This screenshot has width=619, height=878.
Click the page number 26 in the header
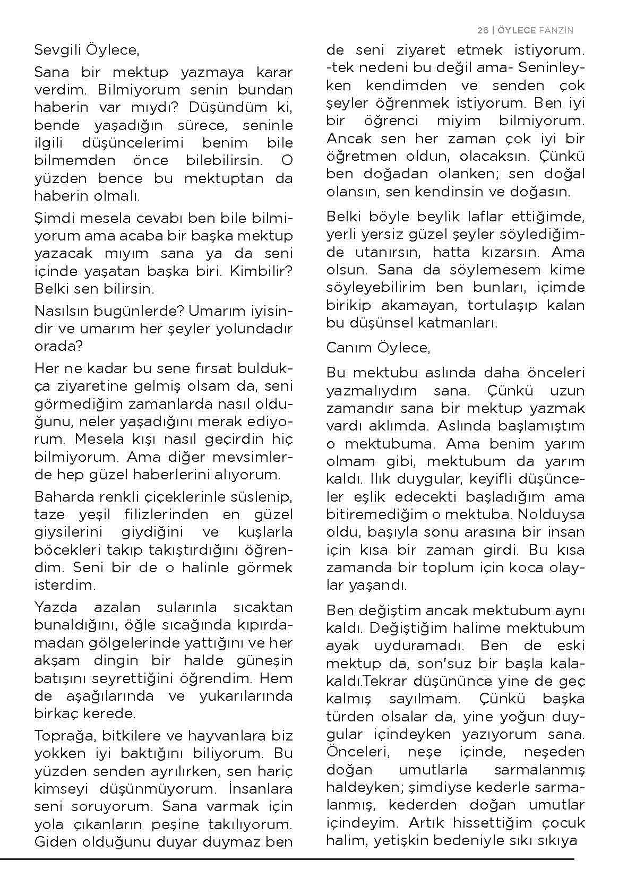482,30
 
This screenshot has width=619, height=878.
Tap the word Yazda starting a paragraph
56,607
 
